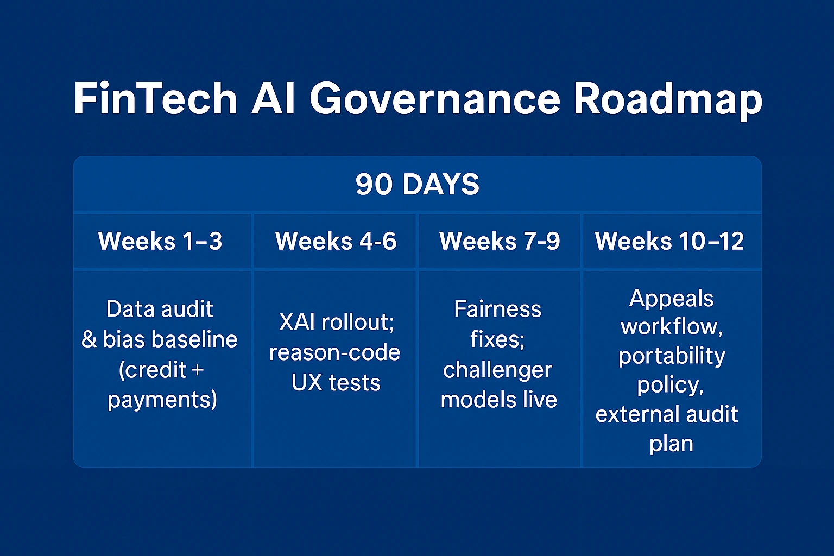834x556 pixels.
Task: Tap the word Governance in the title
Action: pos(435,99)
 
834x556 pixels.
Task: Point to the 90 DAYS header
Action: pos(417,185)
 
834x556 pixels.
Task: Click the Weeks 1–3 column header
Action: pos(160,241)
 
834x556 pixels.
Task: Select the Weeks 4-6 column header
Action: pos(336,241)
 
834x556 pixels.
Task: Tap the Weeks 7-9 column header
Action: pos(500,241)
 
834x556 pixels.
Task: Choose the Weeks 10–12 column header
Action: pos(669,241)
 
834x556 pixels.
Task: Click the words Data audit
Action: pos(160,309)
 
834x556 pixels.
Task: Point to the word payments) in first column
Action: pos(162,400)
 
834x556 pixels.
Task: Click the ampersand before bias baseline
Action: pos(89,340)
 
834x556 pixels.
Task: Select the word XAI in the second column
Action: pos(296,322)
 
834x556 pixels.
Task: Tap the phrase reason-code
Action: pos(334,352)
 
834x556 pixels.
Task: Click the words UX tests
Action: pos(336,383)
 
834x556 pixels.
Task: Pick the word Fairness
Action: pos(497,309)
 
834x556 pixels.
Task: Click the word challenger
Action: pos(497,370)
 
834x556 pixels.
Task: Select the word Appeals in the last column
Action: pos(671,299)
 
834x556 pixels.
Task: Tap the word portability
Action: pos(672,356)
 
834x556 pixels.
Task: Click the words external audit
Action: pos(667,414)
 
